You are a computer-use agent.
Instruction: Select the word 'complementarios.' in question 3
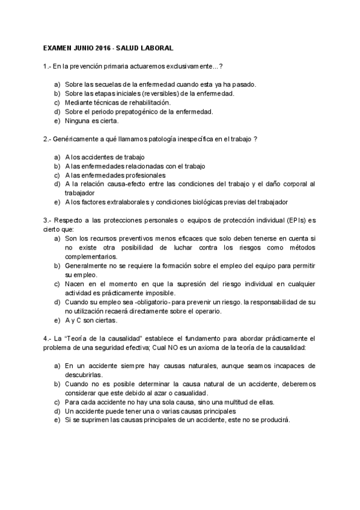pyautogui.click(x=91, y=256)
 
